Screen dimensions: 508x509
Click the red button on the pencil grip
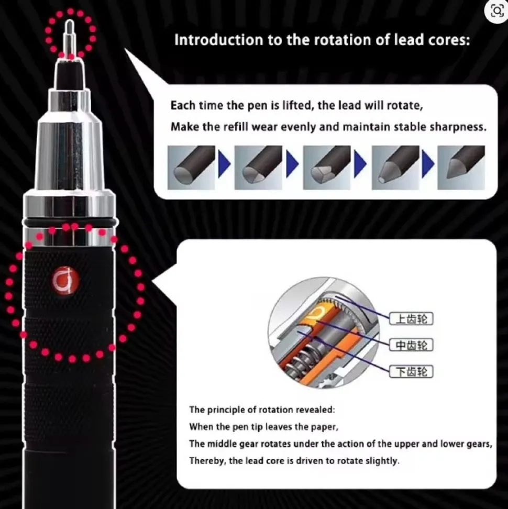(65, 281)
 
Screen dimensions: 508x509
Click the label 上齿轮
(411, 319)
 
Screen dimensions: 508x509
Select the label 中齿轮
(411, 345)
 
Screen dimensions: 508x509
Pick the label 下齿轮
(411, 371)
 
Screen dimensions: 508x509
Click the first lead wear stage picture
(191, 168)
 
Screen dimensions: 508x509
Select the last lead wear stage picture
(461, 168)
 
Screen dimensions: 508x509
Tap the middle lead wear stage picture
(327, 168)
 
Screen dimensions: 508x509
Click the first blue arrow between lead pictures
(224, 163)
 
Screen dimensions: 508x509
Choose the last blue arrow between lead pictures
(428, 163)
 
